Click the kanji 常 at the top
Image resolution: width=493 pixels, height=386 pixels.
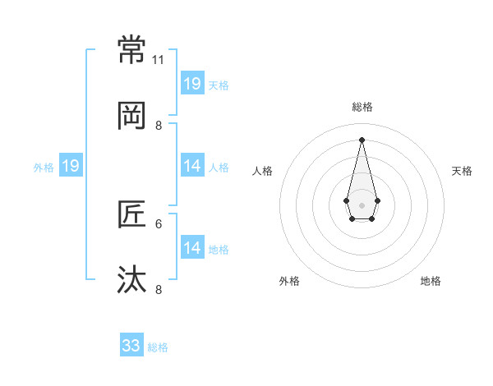pyautogui.click(x=132, y=50)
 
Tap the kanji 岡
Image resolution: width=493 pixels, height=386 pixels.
pyautogui.click(x=132, y=117)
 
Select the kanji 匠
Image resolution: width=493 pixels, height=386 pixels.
pyautogui.click(x=132, y=214)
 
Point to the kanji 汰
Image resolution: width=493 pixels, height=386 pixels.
pyautogui.click(x=132, y=280)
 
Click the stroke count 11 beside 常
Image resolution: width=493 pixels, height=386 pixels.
pyautogui.click(x=159, y=60)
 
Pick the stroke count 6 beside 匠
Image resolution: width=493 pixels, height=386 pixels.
pyautogui.click(x=159, y=223)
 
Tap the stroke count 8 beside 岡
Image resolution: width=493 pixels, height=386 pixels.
pyautogui.click(x=159, y=126)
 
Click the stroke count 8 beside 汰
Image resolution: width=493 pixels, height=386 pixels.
pyautogui.click(x=159, y=289)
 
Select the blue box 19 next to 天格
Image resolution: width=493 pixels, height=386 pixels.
pyautogui.click(x=192, y=83)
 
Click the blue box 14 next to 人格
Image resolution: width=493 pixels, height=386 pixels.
pyautogui.click(x=192, y=166)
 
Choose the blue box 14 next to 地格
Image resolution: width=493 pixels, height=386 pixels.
pyautogui.click(x=192, y=247)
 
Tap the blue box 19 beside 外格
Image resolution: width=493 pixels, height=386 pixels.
pyautogui.click(x=71, y=166)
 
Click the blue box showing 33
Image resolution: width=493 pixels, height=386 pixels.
pyautogui.click(x=131, y=346)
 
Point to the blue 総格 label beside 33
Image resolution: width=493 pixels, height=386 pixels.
pyautogui.click(x=159, y=347)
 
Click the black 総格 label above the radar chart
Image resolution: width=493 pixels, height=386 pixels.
pyautogui.click(x=362, y=107)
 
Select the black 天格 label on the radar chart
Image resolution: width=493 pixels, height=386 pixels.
pyautogui.click(x=463, y=171)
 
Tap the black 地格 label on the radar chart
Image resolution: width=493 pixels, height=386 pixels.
pyautogui.click(x=431, y=281)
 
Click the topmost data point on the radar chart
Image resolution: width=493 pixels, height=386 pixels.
pyautogui.click(x=362, y=139)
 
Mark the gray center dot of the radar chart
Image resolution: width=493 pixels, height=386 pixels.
pyautogui.click(x=362, y=204)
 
